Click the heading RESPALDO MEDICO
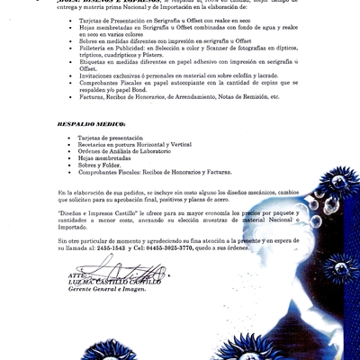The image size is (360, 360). (x=85, y=119)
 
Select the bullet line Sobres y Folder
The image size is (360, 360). (x=100, y=166)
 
